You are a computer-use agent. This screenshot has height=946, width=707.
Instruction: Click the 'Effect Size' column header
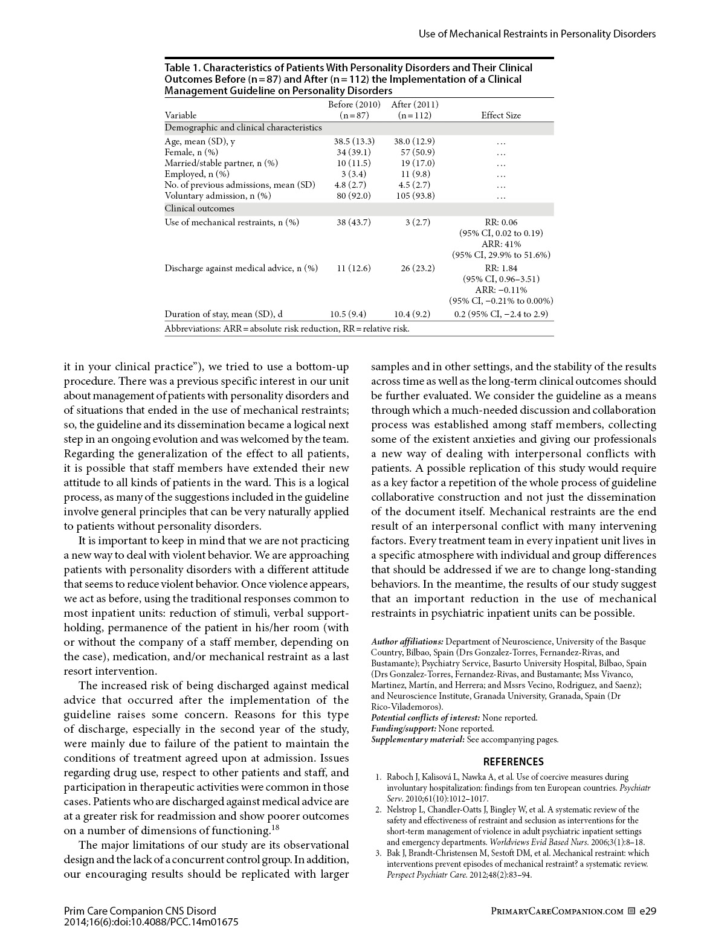click(x=500, y=115)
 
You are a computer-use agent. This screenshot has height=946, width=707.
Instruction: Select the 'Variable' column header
click(x=181, y=115)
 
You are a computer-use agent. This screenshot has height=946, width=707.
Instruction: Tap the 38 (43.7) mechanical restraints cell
click(x=353, y=222)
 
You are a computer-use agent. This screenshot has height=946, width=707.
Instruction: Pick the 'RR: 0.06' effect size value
click(x=501, y=222)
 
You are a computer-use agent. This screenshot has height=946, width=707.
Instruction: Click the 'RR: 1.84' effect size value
click(x=501, y=268)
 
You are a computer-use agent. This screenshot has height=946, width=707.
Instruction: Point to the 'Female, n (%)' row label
click(x=191, y=152)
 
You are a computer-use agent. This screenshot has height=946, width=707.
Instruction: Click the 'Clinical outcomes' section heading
click(x=199, y=209)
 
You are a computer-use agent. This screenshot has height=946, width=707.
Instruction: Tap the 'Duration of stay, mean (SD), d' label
click(x=224, y=314)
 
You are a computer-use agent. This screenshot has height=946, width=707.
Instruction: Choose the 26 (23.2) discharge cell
click(x=418, y=268)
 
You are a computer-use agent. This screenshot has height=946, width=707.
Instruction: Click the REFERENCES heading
click(x=513, y=762)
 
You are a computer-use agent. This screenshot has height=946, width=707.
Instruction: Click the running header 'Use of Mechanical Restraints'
click(x=537, y=34)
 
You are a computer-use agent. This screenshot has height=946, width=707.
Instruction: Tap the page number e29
click(x=647, y=911)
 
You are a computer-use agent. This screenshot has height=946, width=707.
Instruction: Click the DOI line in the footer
click(x=151, y=922)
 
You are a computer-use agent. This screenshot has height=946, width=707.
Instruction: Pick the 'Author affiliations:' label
click(x=407, y=642)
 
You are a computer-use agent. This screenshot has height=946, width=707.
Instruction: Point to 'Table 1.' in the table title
click(x=182, y=68)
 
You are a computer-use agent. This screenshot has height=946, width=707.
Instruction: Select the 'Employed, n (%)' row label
click(x=193, y=174)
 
